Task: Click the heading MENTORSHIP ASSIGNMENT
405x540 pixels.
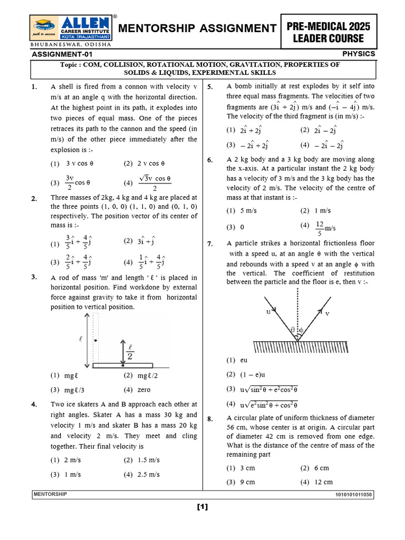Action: click(x=198, y=28)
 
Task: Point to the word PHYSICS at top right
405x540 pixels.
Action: click(x=359, y=54)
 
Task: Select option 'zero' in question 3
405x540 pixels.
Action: click(x=144, y=390)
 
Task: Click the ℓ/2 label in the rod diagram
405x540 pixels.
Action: click(x=130, y=351)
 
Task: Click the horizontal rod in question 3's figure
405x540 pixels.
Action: click(x=122, y=365)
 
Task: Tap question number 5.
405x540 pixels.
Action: click(x=210, y=87)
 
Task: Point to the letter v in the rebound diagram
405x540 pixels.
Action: click(x=327, y=313)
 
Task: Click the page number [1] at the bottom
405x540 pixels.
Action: click(x=202, y=507)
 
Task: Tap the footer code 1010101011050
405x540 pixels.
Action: click(x=353, y=495)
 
